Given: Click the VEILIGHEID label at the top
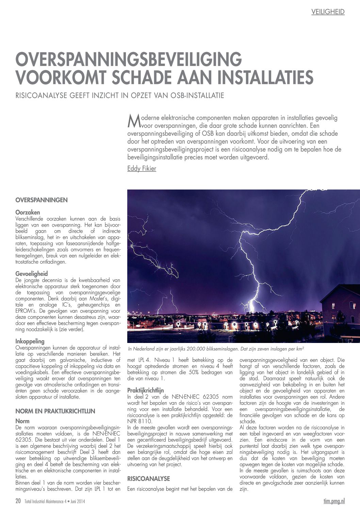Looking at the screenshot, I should point(328,12).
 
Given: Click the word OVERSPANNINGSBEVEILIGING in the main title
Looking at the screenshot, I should point(129,59).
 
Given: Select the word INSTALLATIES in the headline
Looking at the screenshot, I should point(265,77).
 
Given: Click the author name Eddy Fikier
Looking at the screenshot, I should point(142,168).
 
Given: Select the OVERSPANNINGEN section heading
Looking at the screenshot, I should point(42,200).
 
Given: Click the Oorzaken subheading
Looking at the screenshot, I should point(28,212).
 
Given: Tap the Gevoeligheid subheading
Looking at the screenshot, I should point(32,274).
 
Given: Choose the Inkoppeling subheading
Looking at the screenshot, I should point(30,341).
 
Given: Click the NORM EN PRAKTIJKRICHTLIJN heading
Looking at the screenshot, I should point(55,411).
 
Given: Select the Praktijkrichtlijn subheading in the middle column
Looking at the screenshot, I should point(145,390).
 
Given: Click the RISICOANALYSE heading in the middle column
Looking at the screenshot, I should point(148,478).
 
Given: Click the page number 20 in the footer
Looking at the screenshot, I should point(18,501).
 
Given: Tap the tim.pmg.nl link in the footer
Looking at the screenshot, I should point(334,501).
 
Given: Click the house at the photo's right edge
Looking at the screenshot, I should point(340,310).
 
